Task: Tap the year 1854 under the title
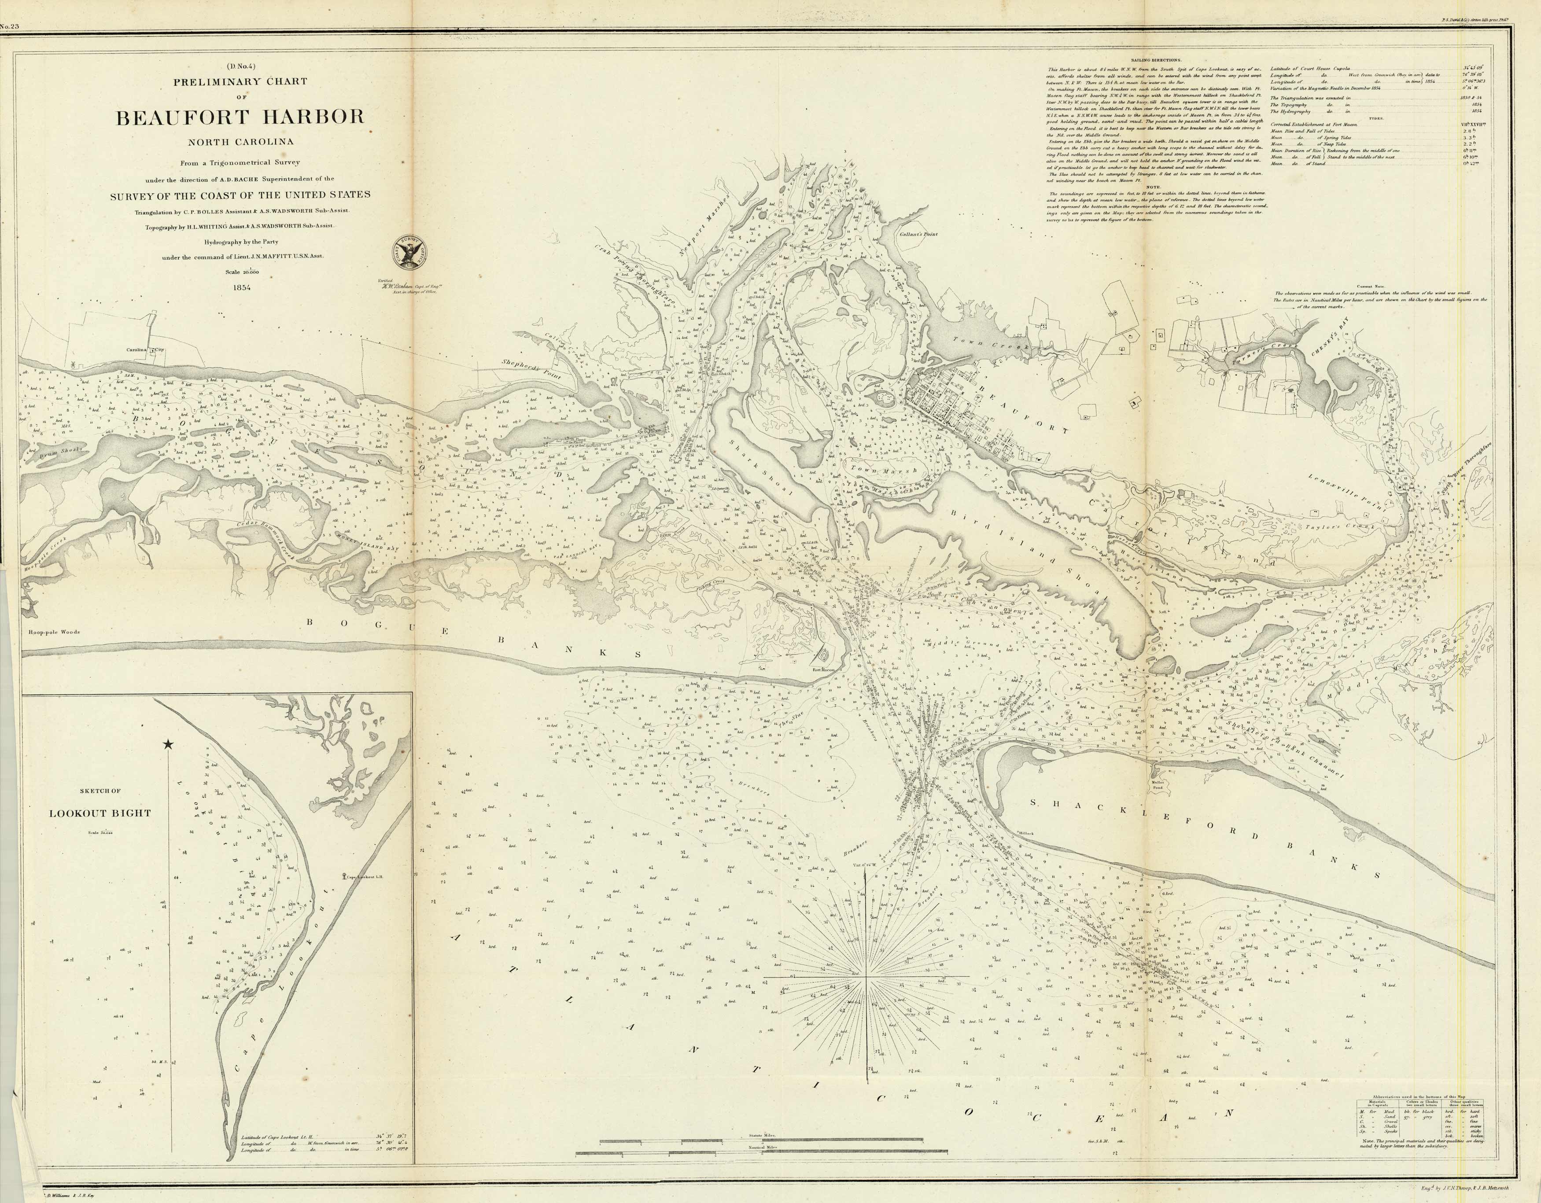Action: click(x=240, y=287)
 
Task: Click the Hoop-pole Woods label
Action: click(x=54, y=632)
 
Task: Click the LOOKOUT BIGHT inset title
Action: click(x=100, y=813)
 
